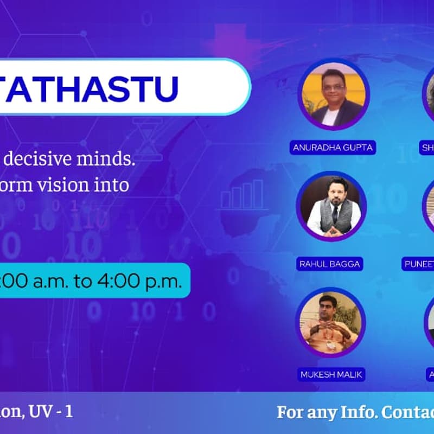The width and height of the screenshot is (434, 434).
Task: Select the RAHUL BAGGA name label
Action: [330, 264]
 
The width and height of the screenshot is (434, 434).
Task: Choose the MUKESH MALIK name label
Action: [329, 374]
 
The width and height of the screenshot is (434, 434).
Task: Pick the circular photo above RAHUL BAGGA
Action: [331, 206]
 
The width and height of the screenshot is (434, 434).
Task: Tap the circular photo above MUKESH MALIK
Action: [330, 322]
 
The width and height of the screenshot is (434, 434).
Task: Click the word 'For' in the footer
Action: [291, 412]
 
